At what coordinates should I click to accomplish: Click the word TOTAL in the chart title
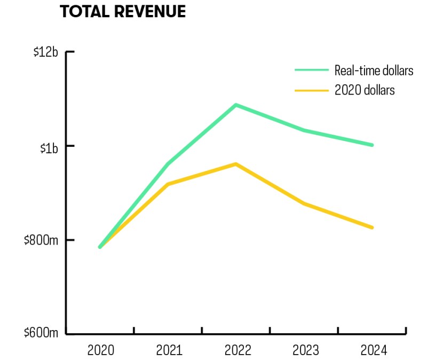coord(84,12)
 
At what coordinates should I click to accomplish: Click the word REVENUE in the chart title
coord(150,12)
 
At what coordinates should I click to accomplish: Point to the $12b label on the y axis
coord(46,52)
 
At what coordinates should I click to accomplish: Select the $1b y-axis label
coord(49,148)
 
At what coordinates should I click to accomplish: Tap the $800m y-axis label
coord(41,240)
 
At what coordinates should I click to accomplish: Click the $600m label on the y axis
coord(41,332)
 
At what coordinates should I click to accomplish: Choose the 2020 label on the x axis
coord(101,350)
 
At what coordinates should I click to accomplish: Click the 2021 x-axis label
coord(169,350)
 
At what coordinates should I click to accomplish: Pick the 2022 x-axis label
coord(238,350)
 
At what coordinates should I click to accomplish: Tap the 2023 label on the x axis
coord(305,350)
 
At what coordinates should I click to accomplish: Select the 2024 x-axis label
coord(374,350)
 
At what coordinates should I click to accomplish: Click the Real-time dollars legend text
coord(374,71)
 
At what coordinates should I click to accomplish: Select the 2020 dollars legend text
coord(365,90)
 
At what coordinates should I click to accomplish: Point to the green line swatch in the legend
coord(312,70)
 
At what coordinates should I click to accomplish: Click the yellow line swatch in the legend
coord(312,90)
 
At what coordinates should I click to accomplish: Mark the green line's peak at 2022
coord(236,105)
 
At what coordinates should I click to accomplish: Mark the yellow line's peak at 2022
coord(236,164)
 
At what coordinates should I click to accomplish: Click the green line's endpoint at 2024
coord(372,145)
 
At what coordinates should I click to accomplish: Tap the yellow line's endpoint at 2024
coord(372,228)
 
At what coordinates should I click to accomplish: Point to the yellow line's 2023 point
coord(304,204)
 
